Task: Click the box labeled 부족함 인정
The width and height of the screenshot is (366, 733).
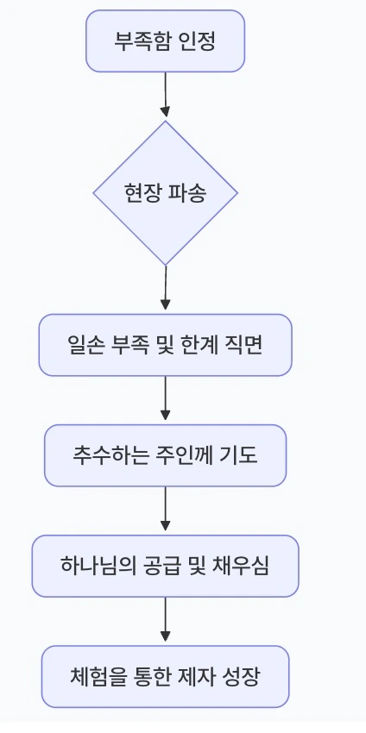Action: coord(165,41)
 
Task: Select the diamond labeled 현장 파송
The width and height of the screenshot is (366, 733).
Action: coord(165,192)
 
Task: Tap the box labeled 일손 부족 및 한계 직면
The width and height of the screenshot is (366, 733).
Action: coord(165,345)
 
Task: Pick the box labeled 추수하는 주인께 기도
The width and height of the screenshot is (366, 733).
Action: coord(165,455)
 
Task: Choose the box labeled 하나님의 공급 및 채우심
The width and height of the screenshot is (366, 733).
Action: coord(165,566)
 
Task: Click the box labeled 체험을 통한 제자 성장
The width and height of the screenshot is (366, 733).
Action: coord(165,676)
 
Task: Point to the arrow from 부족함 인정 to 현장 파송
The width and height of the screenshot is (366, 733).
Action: coord(165,95)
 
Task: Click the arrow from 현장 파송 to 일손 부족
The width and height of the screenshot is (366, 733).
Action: coord(165,289)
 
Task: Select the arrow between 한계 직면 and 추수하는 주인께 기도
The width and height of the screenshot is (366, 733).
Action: coord(165,400)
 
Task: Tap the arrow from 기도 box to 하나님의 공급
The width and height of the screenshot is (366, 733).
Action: coord(165,511)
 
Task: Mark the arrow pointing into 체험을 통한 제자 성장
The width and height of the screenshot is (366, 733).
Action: coord(165,621)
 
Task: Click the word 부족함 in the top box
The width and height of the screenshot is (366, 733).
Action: coord(136,41)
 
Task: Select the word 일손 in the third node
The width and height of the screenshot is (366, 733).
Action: coord(84,345)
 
